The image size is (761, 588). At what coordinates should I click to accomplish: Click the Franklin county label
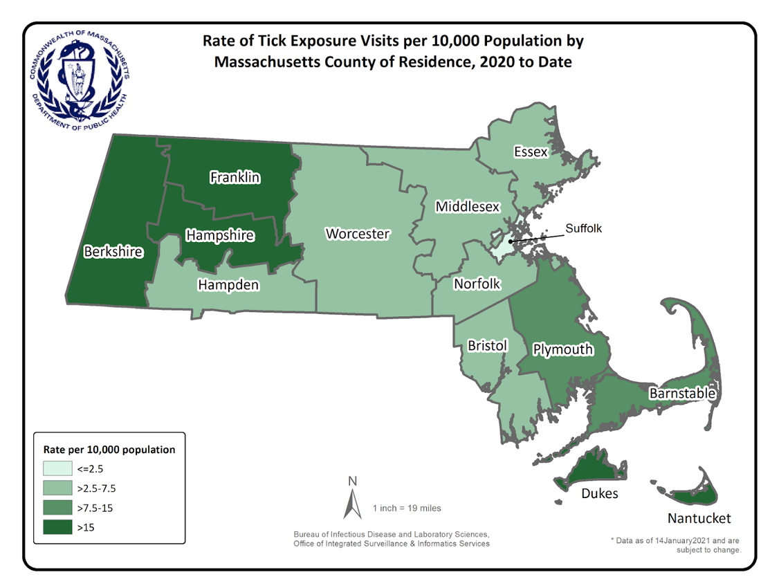[235, 178]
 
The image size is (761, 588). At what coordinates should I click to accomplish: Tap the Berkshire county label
[113, 252]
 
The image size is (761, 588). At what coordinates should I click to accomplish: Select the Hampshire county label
[220, 236]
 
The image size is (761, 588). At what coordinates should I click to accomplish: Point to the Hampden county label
[228, 284]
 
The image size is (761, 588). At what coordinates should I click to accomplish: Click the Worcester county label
[358, 234]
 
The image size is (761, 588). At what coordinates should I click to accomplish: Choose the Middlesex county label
[467, 207]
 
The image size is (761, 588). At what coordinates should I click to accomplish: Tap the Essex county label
[531, 151]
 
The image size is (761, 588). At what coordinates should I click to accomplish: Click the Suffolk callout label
[585, 228]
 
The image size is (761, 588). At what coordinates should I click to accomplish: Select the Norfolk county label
[477, 284]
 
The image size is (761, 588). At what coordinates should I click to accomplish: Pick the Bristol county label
[488, 345]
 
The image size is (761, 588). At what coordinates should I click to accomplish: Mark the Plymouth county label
[562, 349]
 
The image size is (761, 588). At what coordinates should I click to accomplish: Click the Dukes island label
[599, 493]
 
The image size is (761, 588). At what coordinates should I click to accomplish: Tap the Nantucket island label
[699, 518]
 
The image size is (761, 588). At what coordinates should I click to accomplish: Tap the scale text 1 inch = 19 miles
[406, 508]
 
